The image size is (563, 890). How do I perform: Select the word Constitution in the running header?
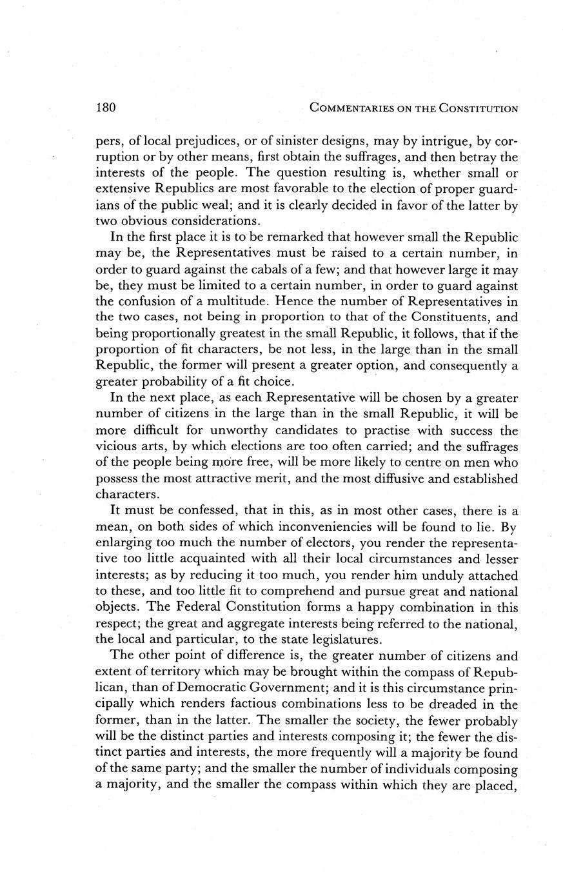pyautogui.click(x=479, y=108)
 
